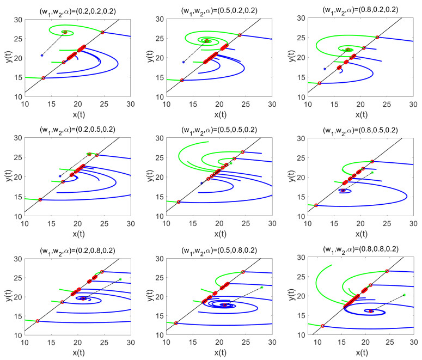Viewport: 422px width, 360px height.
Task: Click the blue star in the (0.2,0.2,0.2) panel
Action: click(x=42, y=55)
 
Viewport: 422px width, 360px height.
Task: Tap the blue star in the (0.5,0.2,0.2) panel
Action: click(x=184, y=62)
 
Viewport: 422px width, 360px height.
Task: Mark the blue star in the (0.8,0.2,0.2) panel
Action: click(x=325, y=69)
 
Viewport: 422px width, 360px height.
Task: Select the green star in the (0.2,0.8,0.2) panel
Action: click(x=120, y=279)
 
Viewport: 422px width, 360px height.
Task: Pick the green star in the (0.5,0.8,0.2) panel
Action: click(x=262, y=287)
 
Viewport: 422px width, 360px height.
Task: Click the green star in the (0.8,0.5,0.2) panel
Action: click(x=372, y=173)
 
